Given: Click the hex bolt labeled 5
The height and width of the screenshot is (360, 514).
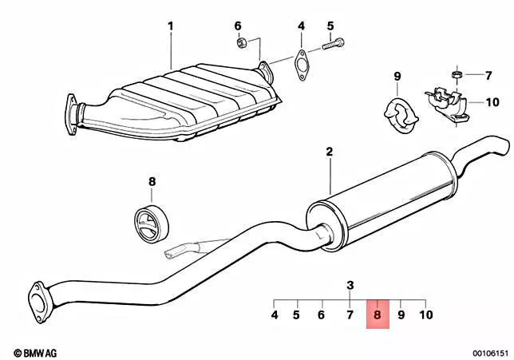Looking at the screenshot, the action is pos(334,44).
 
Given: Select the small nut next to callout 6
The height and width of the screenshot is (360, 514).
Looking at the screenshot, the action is pos(241,42).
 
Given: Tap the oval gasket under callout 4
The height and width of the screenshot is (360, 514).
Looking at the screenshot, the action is pos(301,65).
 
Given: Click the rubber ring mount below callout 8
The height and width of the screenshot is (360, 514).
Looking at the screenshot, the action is pos(152,224).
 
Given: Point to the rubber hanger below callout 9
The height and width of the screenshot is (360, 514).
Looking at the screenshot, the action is pos(401,116).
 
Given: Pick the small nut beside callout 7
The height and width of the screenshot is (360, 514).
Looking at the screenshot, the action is pos(457,74).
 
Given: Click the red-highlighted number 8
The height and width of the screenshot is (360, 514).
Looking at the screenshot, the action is pos(378,315).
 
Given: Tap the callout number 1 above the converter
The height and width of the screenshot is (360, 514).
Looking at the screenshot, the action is pos(170,26).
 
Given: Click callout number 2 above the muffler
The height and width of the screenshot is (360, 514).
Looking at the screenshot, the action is pos(330,152).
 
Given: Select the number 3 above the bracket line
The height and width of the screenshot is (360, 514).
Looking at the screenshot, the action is pos(350,285).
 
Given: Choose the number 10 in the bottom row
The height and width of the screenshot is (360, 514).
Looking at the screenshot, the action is pos(426,315).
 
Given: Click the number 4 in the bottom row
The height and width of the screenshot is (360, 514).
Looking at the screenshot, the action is pos(275,315).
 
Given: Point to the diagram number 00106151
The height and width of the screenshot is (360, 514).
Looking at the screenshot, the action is pos(490,353).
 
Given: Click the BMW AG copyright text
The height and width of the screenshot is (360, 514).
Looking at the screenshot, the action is pos(35,353).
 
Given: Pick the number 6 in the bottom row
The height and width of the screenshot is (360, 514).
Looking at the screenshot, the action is pos(321,315).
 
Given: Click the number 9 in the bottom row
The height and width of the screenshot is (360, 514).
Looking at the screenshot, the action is pos(401,315).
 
